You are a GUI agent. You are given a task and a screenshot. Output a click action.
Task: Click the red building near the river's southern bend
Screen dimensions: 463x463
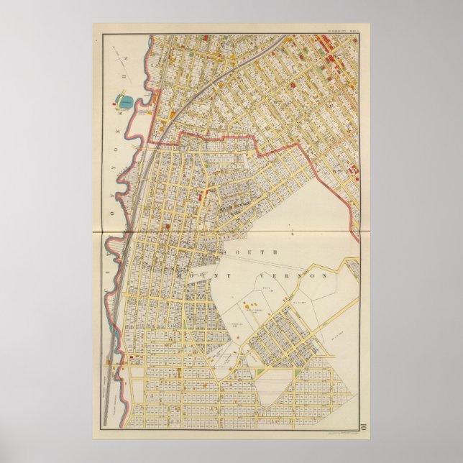118,372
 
